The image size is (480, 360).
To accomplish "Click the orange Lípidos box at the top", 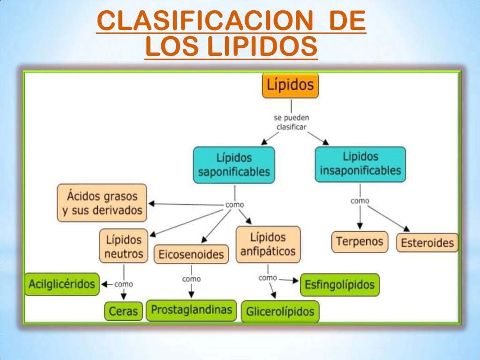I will pos(290,85).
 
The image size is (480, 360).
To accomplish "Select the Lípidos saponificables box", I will pos(234,165).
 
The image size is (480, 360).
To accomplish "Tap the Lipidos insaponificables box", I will pos(360,164).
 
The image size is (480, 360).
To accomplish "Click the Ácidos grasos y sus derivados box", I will pos(102,202).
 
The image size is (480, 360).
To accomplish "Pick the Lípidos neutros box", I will pos(123,246).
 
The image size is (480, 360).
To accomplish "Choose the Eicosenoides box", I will pos(191,255).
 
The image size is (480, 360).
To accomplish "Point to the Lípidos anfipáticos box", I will pos(268,244).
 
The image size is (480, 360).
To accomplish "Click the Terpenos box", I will pos(360,242).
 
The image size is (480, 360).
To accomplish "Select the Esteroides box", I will pos(427,243).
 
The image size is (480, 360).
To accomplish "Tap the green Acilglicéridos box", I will pos(62,284).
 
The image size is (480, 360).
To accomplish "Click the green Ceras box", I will pos(124,311).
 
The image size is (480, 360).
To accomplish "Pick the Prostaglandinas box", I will pos(191,310).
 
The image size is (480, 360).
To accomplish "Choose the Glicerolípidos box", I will pos(280,312).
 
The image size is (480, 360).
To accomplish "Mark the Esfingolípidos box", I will pos(340,285).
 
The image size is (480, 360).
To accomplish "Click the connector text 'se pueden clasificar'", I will pos(291,122).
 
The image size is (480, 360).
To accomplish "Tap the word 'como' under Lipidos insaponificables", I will pos(360,201).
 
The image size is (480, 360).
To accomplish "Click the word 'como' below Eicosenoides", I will pos(191,279).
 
